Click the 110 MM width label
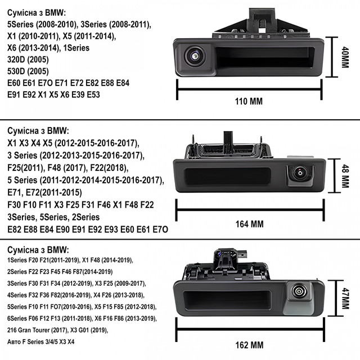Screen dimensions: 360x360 coord(249,102)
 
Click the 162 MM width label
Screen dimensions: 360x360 coord(249,344)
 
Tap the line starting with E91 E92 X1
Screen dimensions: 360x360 coord(53,94)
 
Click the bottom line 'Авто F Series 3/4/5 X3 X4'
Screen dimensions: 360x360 coord(40,341)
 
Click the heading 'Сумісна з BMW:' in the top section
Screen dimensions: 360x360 coord(36,12)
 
